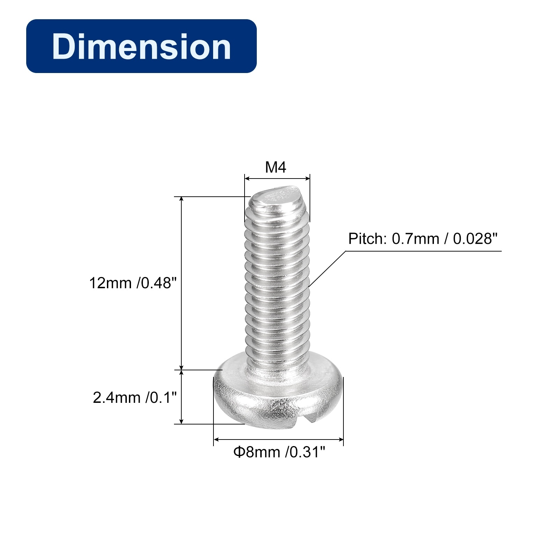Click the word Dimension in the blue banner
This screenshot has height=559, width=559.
pos(141,46)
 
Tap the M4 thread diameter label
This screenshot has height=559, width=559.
pos(276,167)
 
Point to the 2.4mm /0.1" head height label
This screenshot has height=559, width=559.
pos(135,398)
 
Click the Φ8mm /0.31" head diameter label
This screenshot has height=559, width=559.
pos(279,452)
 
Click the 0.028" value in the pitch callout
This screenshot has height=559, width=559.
pos(475,239)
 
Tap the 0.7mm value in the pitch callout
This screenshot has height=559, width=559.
pos(415,239)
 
